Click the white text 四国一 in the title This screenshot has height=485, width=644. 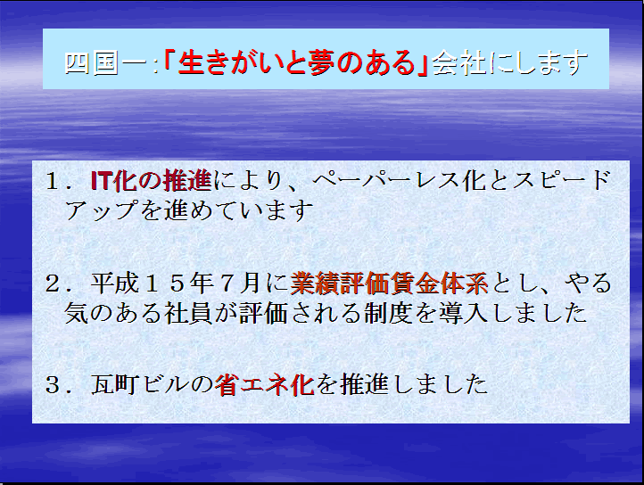click(x=106, y=62)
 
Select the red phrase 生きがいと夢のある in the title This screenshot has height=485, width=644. click(x=296, y=62)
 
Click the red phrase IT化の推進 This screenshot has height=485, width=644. click(x=151, y=180)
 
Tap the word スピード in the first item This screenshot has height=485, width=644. click(x=562, y=180)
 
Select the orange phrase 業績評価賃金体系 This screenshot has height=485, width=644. click(x=390, y=284)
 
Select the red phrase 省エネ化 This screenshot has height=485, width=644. click(x=265, y=385)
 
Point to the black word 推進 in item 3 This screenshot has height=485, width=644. click(x=364, y=385)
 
